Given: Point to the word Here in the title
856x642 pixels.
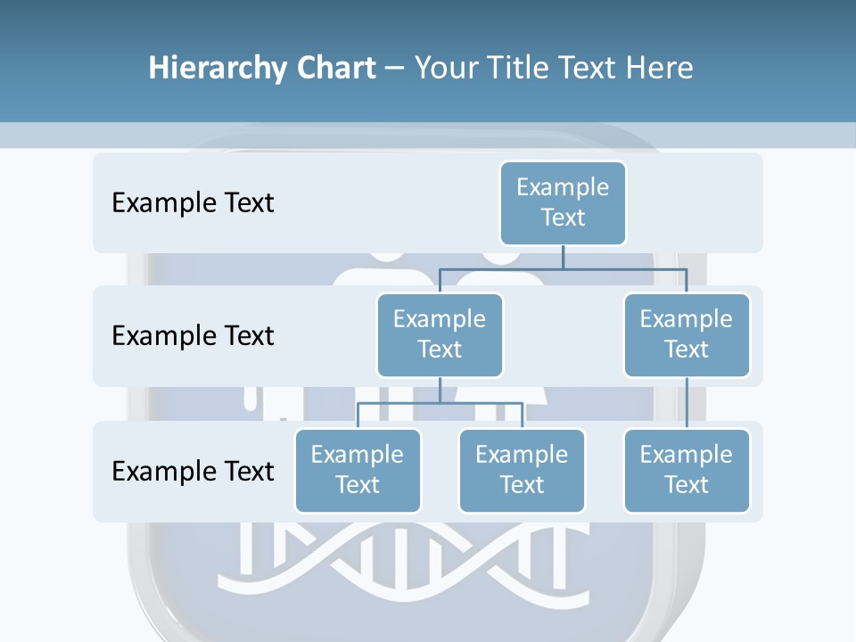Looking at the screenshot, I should [660, 68].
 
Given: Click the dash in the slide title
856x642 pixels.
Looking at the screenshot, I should [394, 69].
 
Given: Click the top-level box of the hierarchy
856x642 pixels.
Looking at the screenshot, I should [563, 202].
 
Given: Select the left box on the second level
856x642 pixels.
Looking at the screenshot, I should [440, 334].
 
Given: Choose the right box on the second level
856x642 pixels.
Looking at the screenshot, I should [687, 334].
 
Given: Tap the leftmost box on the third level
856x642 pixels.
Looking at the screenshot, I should [358, 470].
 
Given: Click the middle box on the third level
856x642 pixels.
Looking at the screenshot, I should [522, 470].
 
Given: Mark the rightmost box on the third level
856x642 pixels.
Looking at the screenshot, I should [687, 470].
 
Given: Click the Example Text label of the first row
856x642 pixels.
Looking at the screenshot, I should [193, 202].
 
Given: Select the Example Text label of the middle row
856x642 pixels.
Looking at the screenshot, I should [193, 335].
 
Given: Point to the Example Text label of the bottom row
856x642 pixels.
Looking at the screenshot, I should [193, 470].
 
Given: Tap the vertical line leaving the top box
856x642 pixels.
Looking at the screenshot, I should [563, 257].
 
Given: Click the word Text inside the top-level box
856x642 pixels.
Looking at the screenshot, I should [563, 218].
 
